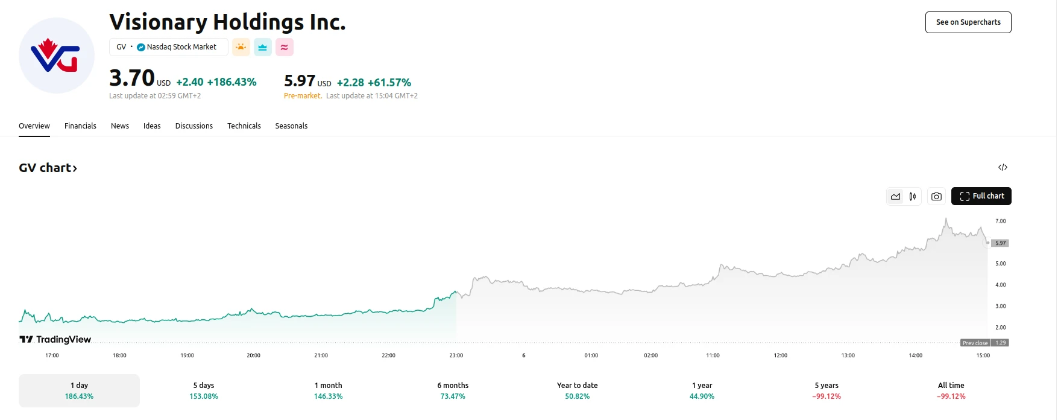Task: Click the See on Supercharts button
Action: pos(968,22)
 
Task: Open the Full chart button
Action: pos(981,196)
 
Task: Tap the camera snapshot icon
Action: pos(936,196)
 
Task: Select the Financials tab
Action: pos(80,126)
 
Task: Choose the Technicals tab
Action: pos(244,126)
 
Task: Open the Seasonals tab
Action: pos(291,126)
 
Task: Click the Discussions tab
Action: pos(194,126)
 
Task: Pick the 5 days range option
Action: pos(204,390)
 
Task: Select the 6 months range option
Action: pos(453,390)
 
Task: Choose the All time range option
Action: pos(951,390)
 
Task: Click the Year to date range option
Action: pos(578,390)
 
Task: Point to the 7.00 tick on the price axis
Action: pos(1001,221)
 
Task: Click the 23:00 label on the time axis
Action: pos(456,355)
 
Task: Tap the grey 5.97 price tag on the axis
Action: pos(1001,243)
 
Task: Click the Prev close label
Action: pos(975,343)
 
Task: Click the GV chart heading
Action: pos(48,168)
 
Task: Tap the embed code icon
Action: pos(1003,167)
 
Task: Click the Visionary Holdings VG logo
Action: pos(57,56)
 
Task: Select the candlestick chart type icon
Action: pos(913,196)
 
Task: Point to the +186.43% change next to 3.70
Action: pos(232,82)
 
